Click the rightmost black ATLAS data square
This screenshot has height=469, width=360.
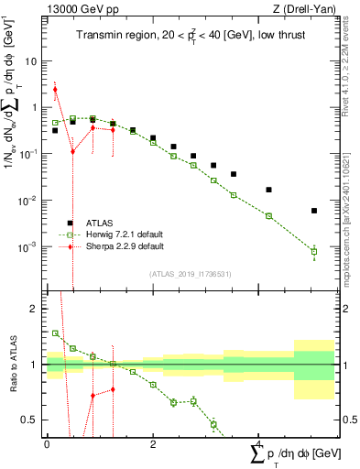(314, 211)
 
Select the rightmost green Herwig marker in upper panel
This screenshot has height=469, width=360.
(314, 252)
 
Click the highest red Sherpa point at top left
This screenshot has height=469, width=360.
(55, 90)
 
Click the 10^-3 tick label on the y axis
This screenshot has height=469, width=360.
(30, 247)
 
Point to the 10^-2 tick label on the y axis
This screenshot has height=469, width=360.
(30, 201)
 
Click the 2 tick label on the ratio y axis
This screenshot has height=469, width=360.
(37, 309)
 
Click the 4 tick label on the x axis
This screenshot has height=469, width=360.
(258, 444)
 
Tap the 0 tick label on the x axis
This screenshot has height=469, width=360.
(47, 444)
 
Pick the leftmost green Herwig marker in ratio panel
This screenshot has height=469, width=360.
(55, 333)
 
